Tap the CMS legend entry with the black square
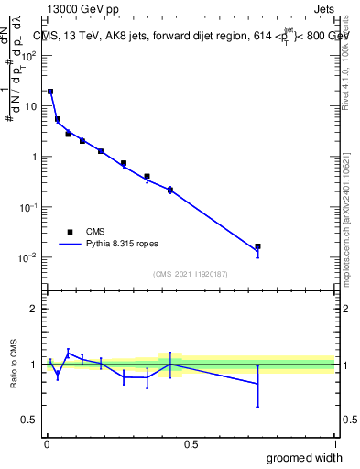click(x=96, y=233)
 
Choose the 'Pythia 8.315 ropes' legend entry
click(x=128, y=245)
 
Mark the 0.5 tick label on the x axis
click(x=191, y=443)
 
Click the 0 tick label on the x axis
click(x=46, y=443)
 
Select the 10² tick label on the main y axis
click(x=28, y=55)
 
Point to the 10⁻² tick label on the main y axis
click(x=28, y=257)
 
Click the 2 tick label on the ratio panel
click(x=34, y=309)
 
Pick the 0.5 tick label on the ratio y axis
click(x=30, y=420)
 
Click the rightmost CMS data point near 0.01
click(x=257, y=246)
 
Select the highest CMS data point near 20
click(x=50, y=92)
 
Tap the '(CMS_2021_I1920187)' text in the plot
click(x=190, y=274)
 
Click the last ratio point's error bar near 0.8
click(x=257, y=384)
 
